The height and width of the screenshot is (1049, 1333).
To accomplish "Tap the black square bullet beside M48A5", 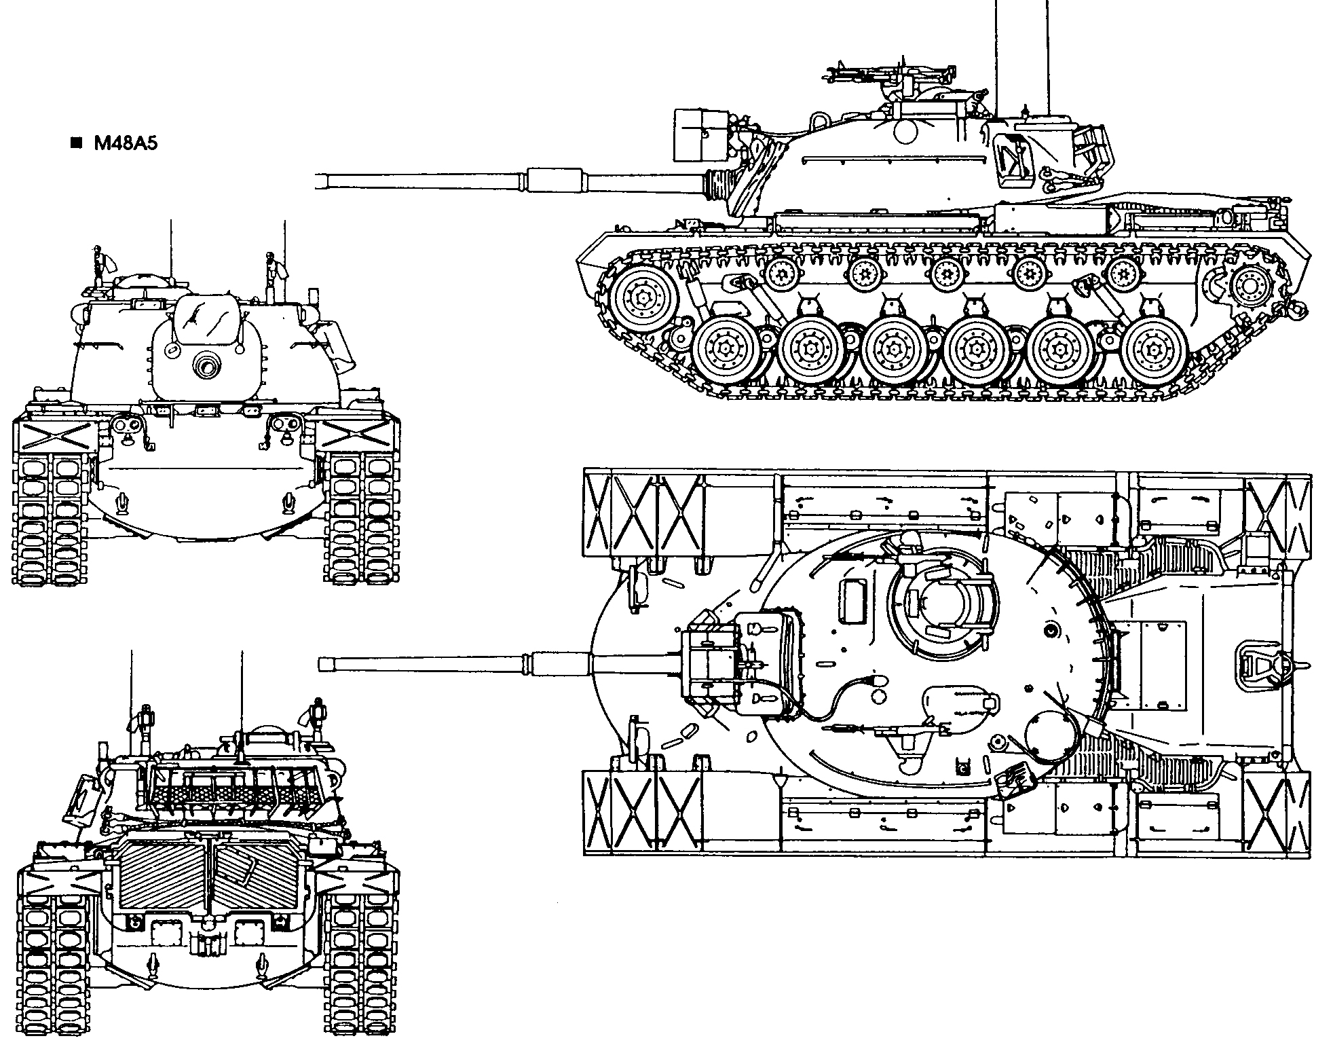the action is coord(76,143).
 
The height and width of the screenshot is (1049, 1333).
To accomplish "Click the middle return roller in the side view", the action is coord(945,274).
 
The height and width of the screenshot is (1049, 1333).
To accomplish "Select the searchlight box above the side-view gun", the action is coord(700,135).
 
